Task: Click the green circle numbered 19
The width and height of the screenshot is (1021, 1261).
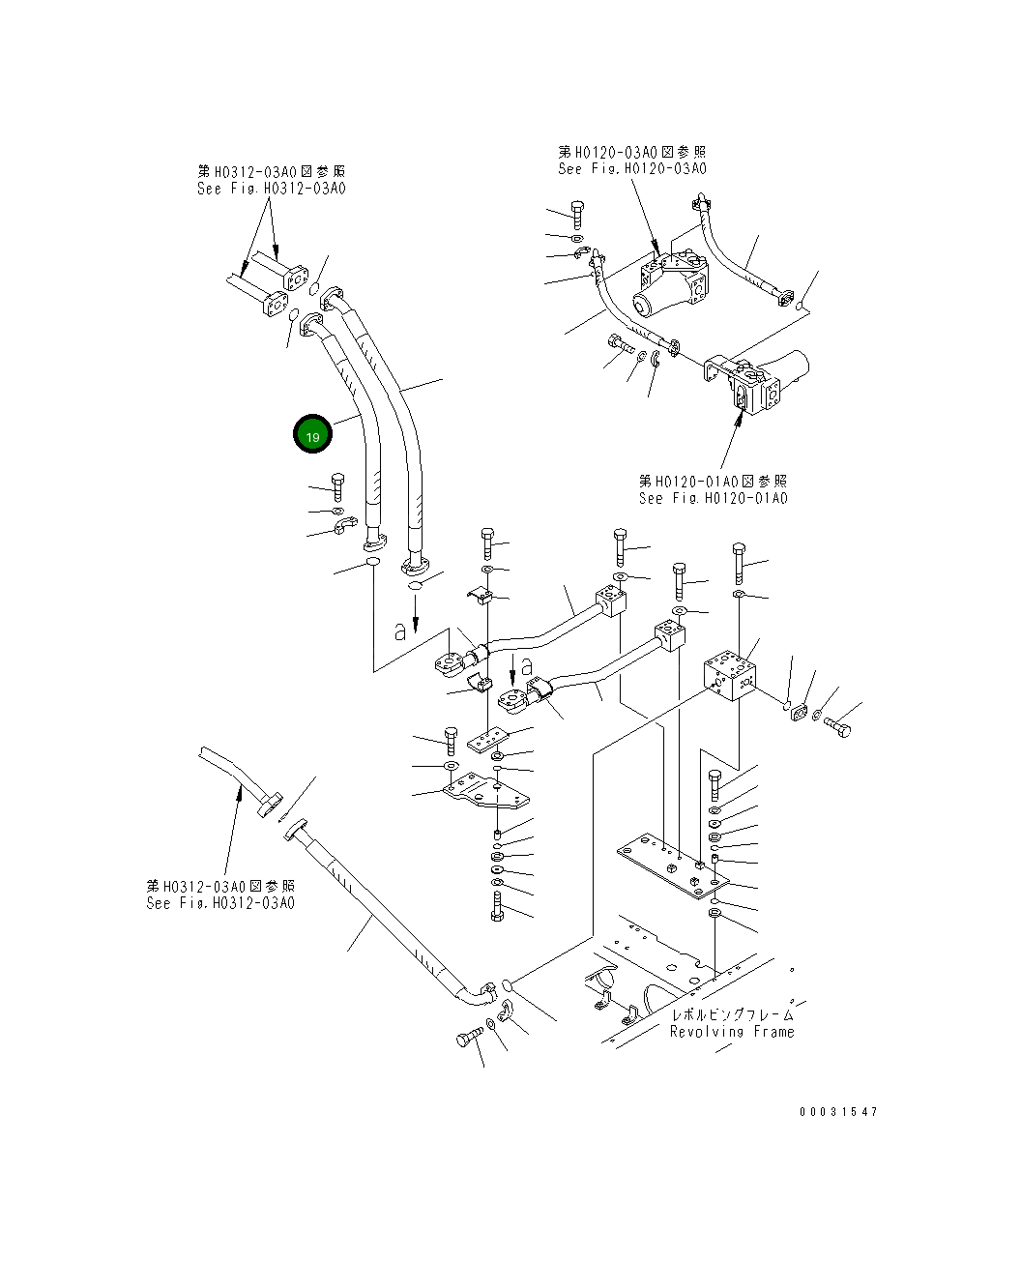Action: click(x=312, y=435)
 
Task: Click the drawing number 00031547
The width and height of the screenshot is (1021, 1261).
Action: click(x=838, y=1112)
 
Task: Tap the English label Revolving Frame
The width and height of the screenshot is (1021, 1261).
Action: click(x=731, y=1032)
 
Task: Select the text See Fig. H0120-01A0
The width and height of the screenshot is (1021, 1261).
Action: click(x=713, y=498)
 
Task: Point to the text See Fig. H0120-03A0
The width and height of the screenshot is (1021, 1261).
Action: click(x=631, y=168)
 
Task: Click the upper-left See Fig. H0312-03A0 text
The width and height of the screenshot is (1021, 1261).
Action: click(x=271, y=189)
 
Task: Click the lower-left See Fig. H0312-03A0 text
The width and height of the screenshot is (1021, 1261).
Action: click(x=220, y=903)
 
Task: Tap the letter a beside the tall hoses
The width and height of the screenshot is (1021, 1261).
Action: click(x=400, y=630)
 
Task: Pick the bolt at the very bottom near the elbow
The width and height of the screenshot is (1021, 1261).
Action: click(x=467, y=1041)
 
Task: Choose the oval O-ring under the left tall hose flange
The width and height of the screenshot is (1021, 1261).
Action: click(x=372, y=562)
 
